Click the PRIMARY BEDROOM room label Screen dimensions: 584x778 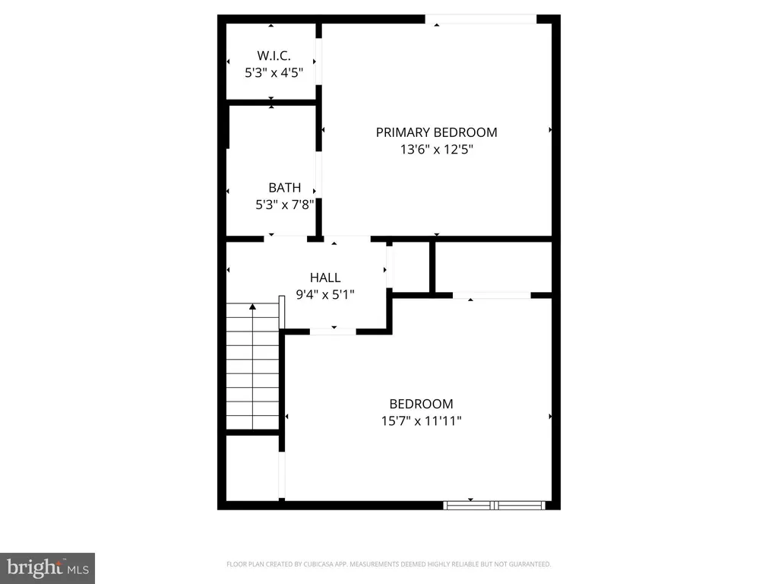tap(436, 132)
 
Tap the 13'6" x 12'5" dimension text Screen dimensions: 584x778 tap(436, 150)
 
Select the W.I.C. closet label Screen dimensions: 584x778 tap(274, 56)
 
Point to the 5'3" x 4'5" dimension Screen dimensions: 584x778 tap(274, 73)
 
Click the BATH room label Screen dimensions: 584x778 tap(285, 188)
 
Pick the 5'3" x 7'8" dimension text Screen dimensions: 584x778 tap(285, 205)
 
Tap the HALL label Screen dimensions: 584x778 tap(325, 278)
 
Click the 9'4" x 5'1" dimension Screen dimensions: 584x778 tap(325, 294)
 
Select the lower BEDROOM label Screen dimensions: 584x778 tap(421, 405)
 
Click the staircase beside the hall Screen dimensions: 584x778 tap(252, 369)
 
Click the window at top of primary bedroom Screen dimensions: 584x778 tap(480, 19)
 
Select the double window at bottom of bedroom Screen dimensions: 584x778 tap(495, 504)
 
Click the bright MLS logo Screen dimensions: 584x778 tap(47, 567)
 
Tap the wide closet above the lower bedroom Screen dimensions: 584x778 tap(492, 266)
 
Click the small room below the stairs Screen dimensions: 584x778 tap(252, 467)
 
